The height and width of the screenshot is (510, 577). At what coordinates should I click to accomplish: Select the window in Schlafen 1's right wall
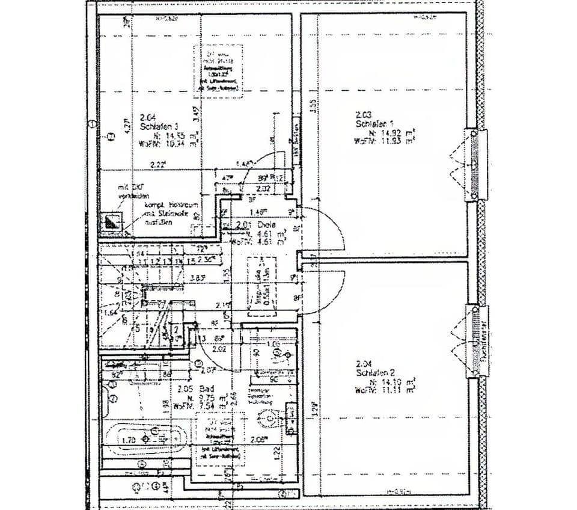475,164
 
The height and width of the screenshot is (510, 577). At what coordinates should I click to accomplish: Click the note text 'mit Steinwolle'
160,214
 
